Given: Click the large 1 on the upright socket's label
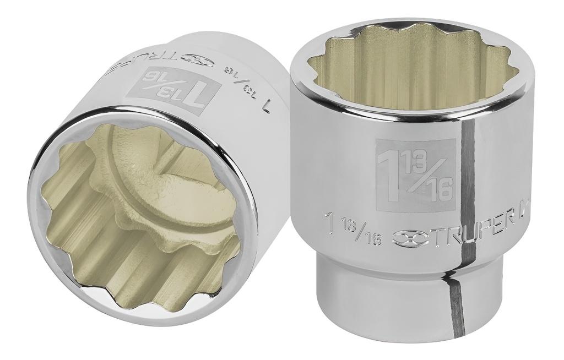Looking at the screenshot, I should coord(390,177).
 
